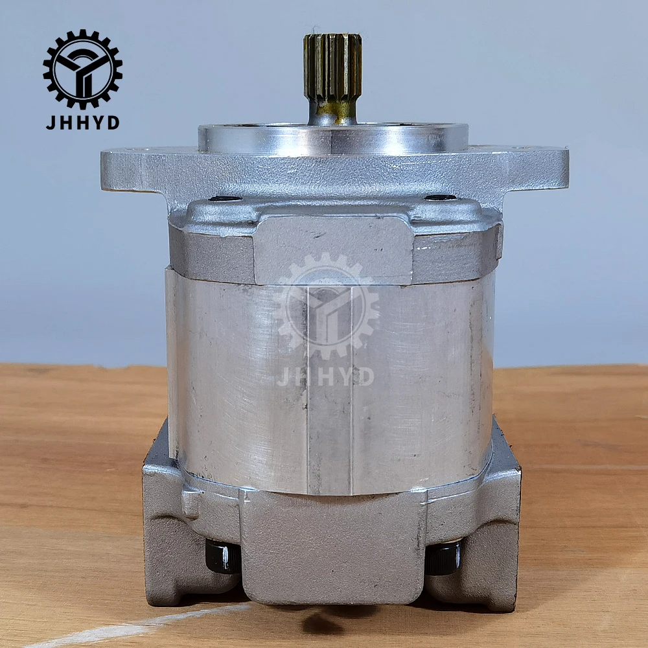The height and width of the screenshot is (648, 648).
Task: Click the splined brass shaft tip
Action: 332,65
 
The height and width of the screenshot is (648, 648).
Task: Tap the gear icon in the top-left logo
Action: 82,69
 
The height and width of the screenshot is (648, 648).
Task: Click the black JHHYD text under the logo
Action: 82,122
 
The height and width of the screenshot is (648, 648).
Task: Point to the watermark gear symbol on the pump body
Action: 326,308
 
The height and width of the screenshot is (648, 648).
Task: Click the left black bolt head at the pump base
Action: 222,556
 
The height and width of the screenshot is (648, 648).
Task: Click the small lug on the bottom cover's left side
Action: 191,503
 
